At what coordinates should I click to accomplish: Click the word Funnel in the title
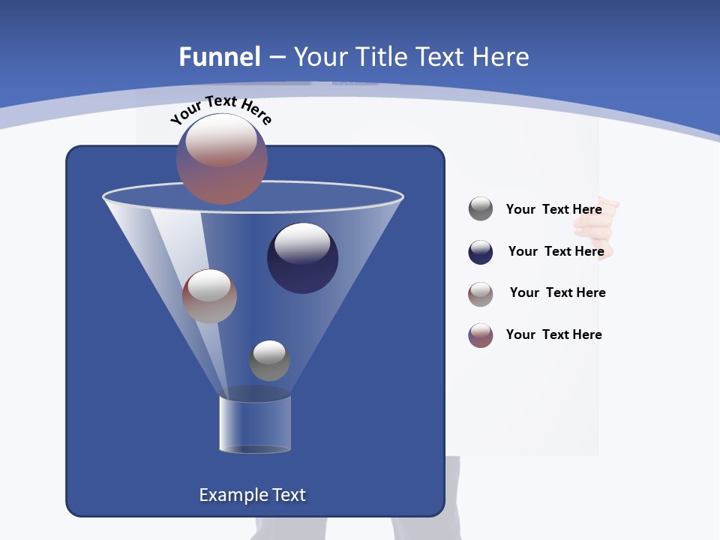(x=219, y=57)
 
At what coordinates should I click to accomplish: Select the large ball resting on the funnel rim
(x=222, y=158)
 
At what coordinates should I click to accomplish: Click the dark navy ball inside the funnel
(x=302, y=258)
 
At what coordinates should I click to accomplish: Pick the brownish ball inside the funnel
(x=209, y=295)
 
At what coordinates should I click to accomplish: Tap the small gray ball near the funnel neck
(x=269, y=360)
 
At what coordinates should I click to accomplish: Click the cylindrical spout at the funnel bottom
(x=255, y=424)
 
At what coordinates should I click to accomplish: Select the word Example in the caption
(x=233, y=495)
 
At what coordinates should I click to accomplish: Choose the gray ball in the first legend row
(x=481, y=208)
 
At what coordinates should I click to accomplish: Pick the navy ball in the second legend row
(x=481, y=252)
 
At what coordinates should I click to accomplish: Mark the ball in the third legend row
(x=481, y=293)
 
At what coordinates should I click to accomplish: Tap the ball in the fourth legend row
(x=481, y=335)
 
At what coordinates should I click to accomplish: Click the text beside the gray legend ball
(x=553, y=209)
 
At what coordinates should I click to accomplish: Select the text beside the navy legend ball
(x=556, y=251)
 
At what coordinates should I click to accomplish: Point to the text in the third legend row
(x=557, y=292)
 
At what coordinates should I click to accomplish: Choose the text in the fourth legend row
(x=553, y=334)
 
